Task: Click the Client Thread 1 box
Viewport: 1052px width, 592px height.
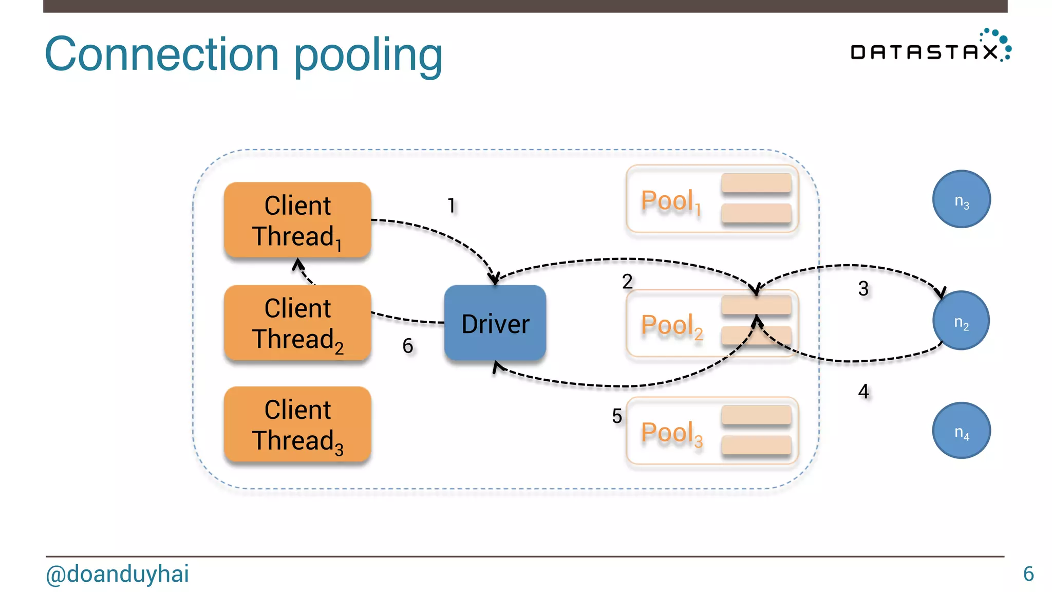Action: pos(297,220)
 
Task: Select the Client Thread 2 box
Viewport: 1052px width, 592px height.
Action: pos(297,323)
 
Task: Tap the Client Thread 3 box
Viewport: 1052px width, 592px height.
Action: pos(297,424)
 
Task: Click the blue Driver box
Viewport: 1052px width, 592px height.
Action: pos(495,323)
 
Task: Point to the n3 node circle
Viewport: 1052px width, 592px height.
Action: pos(961,199)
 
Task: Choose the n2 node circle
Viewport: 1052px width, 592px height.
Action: pos(961,321)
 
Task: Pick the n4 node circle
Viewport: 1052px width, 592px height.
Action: pos(961,431)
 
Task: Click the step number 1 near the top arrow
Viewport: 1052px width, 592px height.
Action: pos(452,206)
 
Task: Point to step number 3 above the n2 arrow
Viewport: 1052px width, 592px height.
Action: pos(863,289)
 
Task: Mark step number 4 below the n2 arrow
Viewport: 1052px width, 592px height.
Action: pos(863,392)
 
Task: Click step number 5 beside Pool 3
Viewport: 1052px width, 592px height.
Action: pos(617,416)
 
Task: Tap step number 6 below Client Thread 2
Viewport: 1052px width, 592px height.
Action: pos(408,346)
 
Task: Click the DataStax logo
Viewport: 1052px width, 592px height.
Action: pos(930,47)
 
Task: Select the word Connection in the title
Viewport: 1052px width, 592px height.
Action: pos(162,54)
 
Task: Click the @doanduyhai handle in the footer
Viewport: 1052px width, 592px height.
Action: pos(118,574)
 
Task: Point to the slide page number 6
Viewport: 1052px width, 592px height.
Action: pos(1028,574)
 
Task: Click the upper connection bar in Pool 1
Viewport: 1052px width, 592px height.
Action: pos(756,183)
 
